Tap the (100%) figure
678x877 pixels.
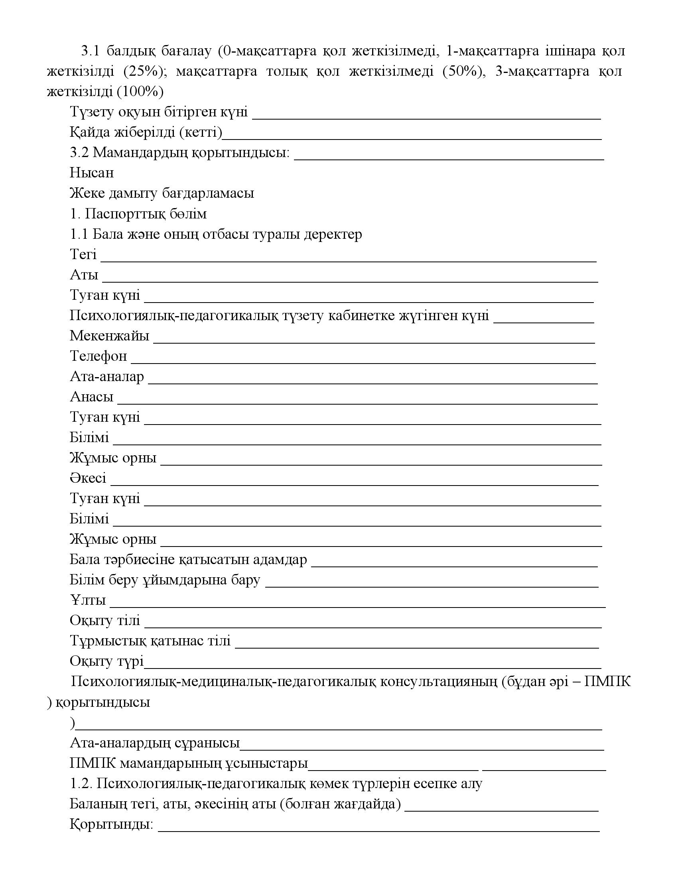point(140,92)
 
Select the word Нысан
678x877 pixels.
point(92,173)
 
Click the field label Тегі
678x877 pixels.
point(83,254)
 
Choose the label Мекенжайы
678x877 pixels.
point(109,336)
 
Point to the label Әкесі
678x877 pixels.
point(88,478)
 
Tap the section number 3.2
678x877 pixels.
point(79,153)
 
